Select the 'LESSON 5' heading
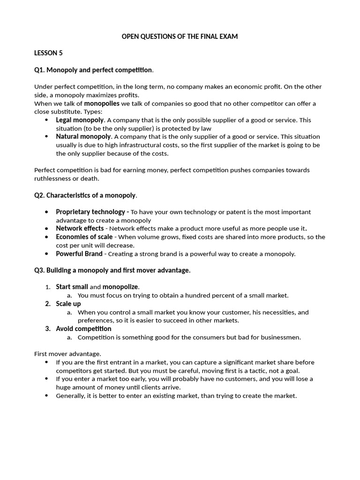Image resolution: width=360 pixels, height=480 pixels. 48,53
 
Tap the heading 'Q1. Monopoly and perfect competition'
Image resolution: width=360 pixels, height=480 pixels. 93,70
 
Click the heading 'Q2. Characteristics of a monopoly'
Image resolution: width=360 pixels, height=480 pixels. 85,195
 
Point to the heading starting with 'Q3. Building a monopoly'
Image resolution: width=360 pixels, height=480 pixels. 112,270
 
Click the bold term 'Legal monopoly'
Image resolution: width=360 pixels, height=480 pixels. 80,120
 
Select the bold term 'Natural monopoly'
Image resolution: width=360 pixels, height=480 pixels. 83,136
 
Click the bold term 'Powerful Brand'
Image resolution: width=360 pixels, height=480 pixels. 79,254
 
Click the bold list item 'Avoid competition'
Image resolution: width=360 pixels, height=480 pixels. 83,329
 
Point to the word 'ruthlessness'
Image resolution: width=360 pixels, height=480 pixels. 53,178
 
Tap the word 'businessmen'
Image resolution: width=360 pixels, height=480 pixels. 281,337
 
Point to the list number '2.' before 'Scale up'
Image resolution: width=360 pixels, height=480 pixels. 48,304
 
